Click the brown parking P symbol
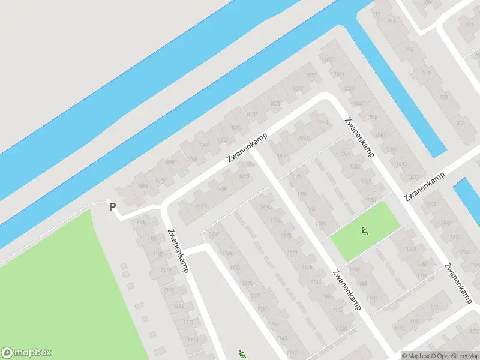(x=112, y=206)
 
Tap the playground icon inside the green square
(x=364, y=230)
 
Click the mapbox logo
(x=26, y=353)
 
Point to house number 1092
(x=143, y=187)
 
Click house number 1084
(x=204, y=145)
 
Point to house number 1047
(x=359, y=103)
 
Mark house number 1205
(x=430, y=205)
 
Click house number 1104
(x=141, y=223)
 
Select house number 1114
(x=178, y=306)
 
